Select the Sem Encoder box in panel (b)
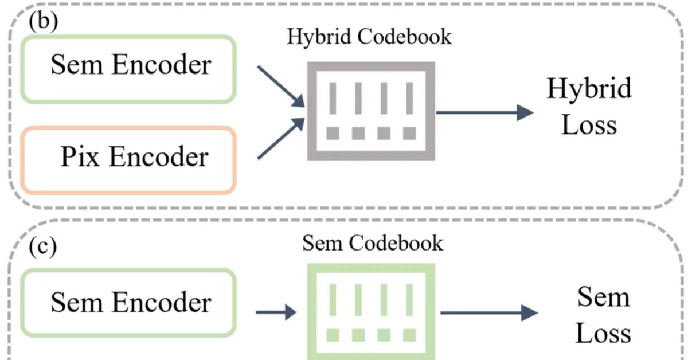click(x=130, y=68)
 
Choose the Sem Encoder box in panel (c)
click(x=130, y=302)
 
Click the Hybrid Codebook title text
click(x=369, y=37)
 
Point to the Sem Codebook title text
click(x=373, y=243)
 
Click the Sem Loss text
click(x=603, y=315)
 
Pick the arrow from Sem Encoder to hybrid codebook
click(x=280, y=86)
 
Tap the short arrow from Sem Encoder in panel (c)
click(x=276, y=312)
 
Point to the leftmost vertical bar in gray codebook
click(x=332, y=97)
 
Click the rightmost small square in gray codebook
click(x=409, y=134)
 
